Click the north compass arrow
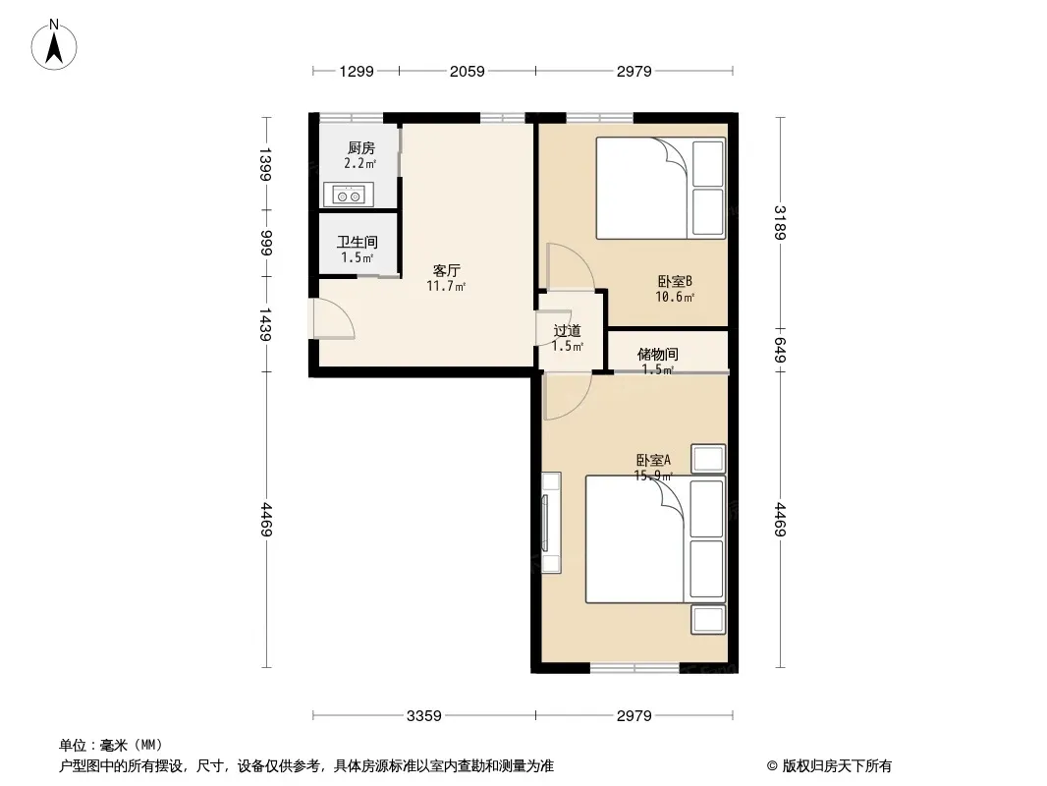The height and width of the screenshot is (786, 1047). [x=54, y=47]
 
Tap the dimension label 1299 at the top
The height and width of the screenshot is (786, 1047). [x=357, y=71]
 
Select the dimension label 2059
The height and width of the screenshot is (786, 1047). [x=467, y=71]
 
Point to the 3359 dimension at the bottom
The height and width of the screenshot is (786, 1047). [x=424, y=716]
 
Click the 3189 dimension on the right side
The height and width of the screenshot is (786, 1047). [x=780, y=222]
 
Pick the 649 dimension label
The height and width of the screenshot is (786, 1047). [x=780, y=350]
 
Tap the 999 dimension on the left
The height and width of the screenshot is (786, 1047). [x=266, y=243]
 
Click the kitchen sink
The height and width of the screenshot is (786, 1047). [x=349, y=195]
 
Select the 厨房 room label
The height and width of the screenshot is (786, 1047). [x=361, y=147]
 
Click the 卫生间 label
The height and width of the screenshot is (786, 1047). [x=358, y=242]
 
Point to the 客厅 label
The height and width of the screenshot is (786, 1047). [x=446, y=270]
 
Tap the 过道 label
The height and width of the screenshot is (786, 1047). [x=567, y=330]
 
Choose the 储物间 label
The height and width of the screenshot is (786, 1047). [x=658, y=354]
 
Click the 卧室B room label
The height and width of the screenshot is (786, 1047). [x=675, y=281]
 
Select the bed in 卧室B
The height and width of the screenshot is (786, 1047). [x=660, y=188]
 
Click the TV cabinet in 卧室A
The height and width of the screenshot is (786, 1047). [x=551, y=523]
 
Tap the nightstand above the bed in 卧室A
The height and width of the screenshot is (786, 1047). [x=708, y=459]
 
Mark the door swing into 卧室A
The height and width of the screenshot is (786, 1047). [x=568, y=397]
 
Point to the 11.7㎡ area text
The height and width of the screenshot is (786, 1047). [x=446, y=287]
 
